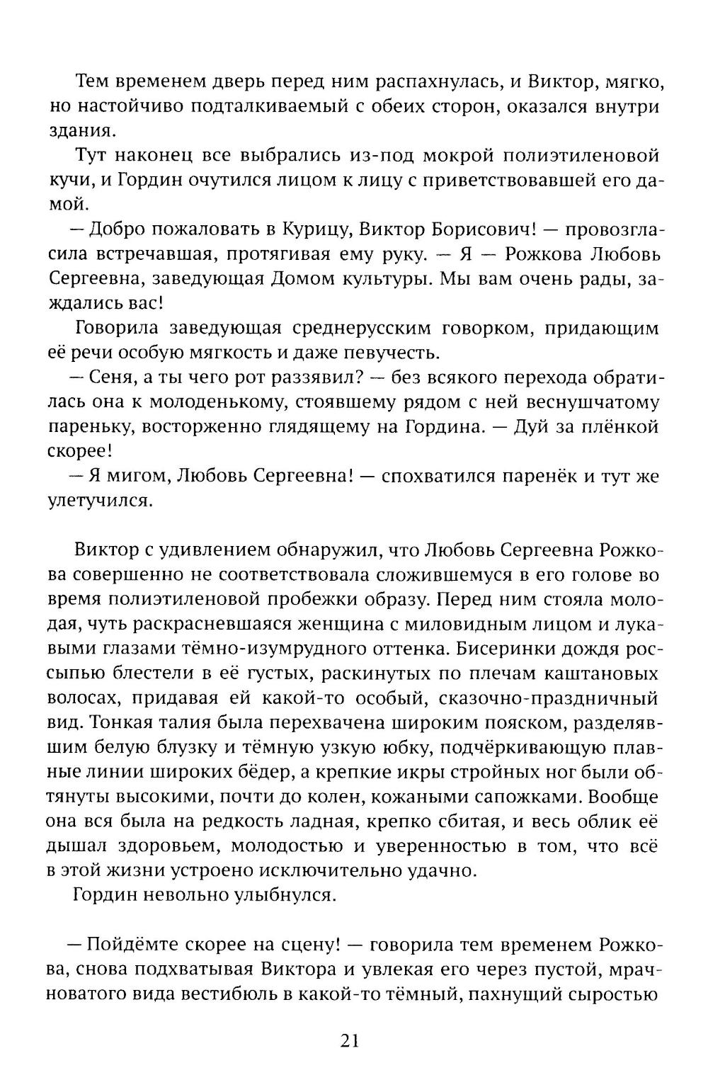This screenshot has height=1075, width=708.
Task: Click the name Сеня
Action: click(x=107, y=377)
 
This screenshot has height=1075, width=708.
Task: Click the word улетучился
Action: click(x=100, y=501)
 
